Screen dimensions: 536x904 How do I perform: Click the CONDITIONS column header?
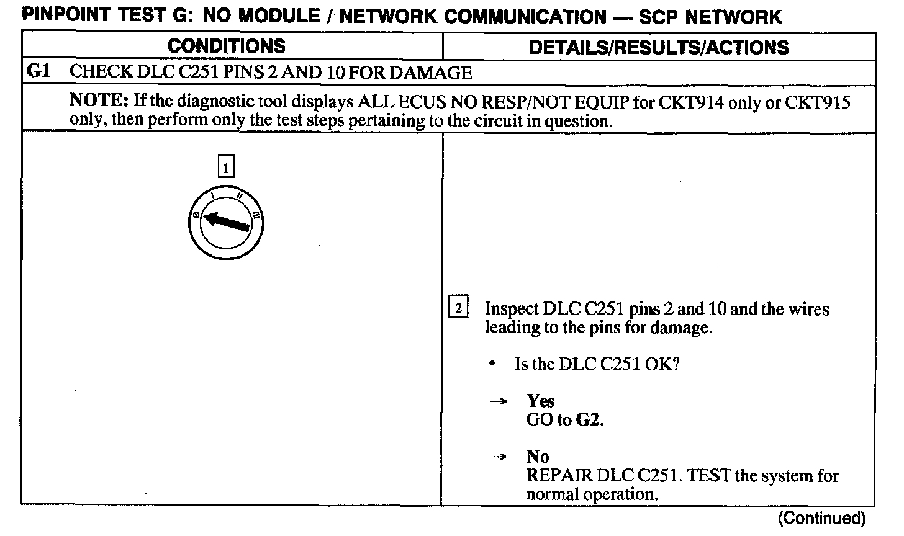[x=227, y=46]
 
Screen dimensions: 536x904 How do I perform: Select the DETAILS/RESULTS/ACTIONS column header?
[x=659, y=47]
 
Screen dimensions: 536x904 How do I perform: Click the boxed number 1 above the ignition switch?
[x=227, y=167]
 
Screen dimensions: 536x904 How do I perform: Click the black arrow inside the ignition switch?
[x=228, y=220]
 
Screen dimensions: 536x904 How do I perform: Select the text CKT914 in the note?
[x=692, y=102]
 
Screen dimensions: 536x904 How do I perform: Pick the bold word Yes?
[x=540, y=401]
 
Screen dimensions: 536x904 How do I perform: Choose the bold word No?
[x=538, y=457]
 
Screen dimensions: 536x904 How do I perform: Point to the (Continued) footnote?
[x=821, y=518]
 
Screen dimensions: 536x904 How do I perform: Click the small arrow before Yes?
[x=497, y=401]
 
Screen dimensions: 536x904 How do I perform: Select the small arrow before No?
[x=497, y=457]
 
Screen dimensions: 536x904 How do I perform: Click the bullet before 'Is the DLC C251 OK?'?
[x=492, y=365]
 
